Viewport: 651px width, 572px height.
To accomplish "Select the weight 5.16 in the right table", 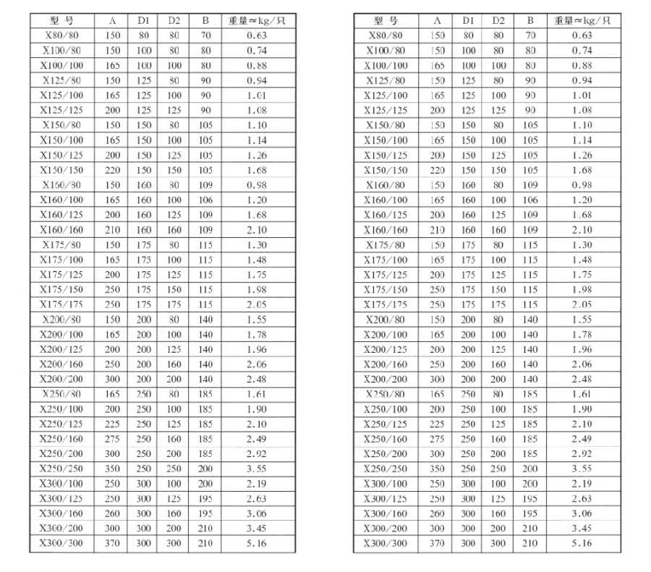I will point(581,542).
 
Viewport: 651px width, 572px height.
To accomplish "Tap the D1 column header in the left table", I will point(143,20).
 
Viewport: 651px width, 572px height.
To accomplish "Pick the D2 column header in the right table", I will point(498,20).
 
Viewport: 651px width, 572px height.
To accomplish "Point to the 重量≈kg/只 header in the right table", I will point(581,20).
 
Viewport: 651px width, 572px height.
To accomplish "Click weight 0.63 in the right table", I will point(581,35).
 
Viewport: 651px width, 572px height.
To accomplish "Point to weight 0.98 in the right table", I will point(581,184).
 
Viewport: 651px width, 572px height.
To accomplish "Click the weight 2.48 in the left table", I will point(257,378).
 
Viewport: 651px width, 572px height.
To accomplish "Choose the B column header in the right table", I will point(530,20).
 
